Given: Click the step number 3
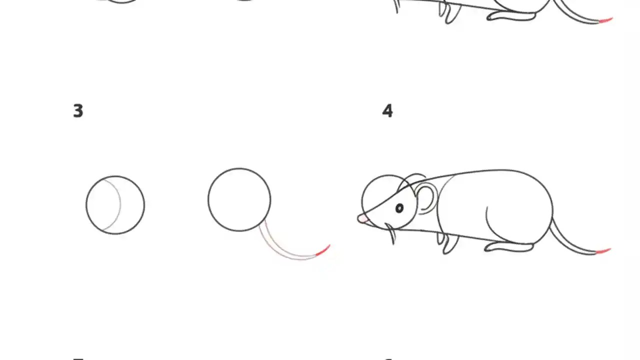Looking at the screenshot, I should (78, 111).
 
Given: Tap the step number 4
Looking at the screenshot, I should (387, 111).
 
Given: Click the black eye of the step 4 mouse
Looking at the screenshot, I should (399, 208).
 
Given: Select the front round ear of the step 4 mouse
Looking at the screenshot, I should (426, 198).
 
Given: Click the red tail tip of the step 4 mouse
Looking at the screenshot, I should (604, 250).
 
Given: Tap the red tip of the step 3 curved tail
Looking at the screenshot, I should (323, 250).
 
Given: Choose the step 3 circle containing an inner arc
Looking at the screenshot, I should (115, 205).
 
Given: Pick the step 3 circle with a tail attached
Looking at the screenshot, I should (239, 199).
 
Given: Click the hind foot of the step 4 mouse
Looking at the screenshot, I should (508, 246).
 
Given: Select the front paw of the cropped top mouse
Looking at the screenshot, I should (450, 14).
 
